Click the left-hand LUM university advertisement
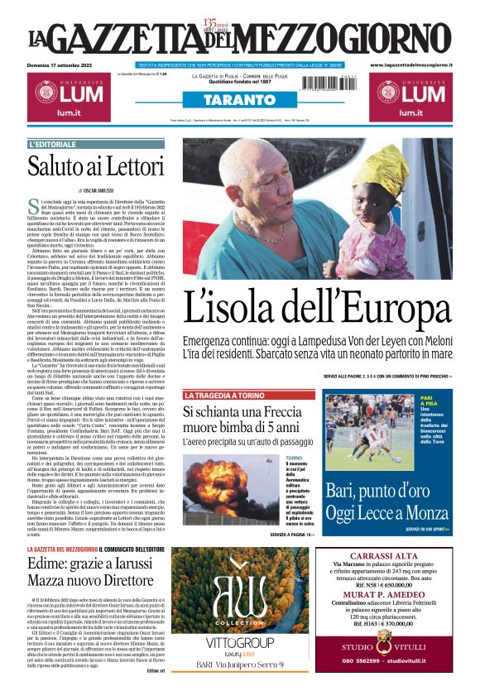[69, 99]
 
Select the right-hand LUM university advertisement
[410, 99]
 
